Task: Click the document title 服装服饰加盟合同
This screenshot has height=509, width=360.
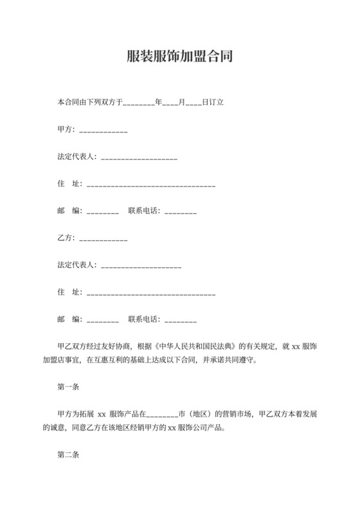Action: point(179,55)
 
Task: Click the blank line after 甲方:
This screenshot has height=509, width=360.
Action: point(103,132)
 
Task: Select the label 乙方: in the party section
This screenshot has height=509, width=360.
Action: point(66,238)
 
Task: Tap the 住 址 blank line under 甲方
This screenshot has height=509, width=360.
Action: point(150,186)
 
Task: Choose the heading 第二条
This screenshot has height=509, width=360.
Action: point(67,455)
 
